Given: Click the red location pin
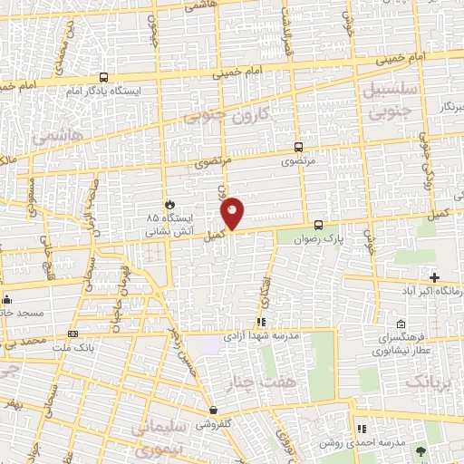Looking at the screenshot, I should pyautogui.click(x=233, y=212).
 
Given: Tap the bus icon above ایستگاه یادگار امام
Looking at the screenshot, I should pyautogui.click(x=102, y=78).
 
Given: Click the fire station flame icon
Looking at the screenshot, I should pyautogui.click(x=168, y=205).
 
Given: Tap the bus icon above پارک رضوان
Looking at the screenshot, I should pyautogui.click(x=318, y=225).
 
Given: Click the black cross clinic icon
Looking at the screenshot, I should pyautogui.click(x=434, y=277).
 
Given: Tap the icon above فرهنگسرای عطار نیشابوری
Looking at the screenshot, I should pyautogui.click(x=401, y=324).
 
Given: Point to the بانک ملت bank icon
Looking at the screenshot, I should pyautogui.click(x=98, y=333).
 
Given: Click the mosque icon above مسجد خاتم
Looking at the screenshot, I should pyautogui.click(x=7, y=299).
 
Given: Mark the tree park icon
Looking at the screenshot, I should pyautogui.click(x=419, y=449).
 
